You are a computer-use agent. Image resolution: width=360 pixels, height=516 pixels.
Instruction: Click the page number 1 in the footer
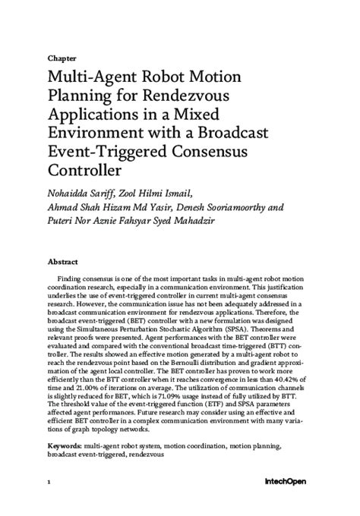pyautogui.click(x=48, y=503)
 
